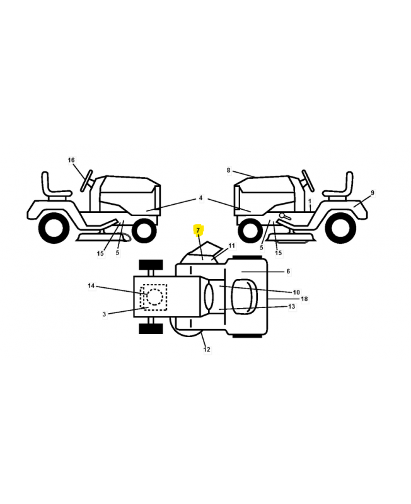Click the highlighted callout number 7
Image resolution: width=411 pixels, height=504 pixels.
coord(198,230)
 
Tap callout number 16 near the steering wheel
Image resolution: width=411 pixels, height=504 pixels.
coord(71,160)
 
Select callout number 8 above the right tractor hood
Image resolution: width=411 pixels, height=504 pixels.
coord(228,170)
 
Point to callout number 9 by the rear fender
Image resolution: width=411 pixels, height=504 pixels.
coord(372,193)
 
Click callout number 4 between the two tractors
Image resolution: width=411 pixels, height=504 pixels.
coord(200,198)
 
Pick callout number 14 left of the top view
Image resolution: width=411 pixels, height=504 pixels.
coord(91,286)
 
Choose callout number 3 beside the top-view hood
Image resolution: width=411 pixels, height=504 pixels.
coord(104,314)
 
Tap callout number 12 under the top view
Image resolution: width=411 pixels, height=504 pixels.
coord(207,349)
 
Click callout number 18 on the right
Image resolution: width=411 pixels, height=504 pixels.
coord(304,299)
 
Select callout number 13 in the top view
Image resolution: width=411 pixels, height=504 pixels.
coord(291,306)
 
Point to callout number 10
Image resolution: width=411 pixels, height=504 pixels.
coord(296,292)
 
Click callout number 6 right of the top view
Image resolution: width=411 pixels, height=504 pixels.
coord(288,272)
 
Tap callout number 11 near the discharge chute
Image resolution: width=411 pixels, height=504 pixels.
coord(231,246)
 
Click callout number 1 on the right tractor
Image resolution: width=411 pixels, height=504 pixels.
coord(310,202)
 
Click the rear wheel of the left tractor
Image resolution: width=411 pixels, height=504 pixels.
coord(54,228)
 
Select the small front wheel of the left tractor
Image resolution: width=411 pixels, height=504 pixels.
coord(144,231)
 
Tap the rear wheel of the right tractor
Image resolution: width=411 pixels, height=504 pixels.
coord(340,228)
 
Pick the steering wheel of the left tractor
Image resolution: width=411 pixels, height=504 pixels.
coord(86,181)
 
